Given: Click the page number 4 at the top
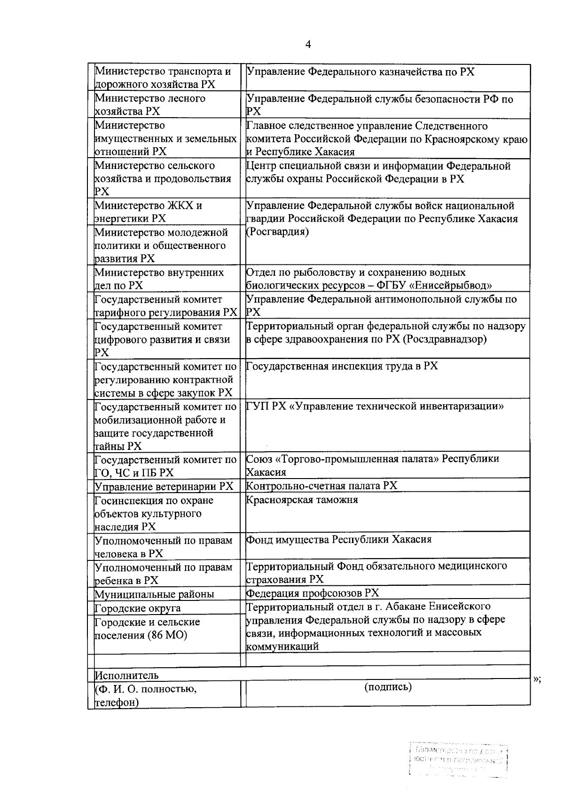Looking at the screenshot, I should point(308,45).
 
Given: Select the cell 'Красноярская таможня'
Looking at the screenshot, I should point(302,500).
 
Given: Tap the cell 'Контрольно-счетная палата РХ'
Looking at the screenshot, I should point(322,486).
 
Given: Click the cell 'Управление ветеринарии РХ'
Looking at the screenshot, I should point(164,486).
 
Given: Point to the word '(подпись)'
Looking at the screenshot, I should point(388,687).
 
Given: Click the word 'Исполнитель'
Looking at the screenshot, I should point(126,675).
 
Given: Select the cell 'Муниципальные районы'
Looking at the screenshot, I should point(154,594).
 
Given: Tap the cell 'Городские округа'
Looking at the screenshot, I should point(138,608).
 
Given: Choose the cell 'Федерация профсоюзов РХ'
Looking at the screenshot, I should point(313,593).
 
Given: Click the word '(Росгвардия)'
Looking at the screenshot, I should point(278,232).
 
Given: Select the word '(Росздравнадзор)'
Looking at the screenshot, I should point(445,339).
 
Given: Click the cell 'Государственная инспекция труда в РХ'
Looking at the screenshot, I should point(342,366).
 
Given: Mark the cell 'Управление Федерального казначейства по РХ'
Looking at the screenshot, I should point(361,72).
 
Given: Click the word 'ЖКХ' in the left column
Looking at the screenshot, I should point(180,206).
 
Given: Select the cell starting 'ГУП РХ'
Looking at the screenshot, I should point(375,406).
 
